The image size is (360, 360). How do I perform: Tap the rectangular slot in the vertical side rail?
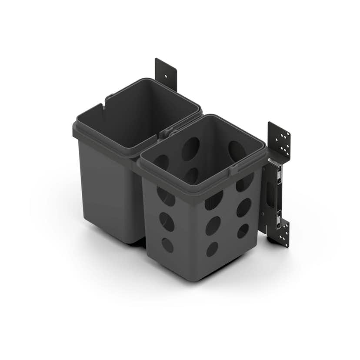click(x=270, y=194)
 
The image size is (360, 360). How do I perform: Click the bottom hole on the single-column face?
click(x=167, y=245)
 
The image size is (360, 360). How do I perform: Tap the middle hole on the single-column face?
click(x=167, y=221)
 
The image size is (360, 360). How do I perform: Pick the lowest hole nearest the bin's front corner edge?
click(x=212, y=249)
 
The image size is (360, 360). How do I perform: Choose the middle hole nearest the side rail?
click(x=243, y=207)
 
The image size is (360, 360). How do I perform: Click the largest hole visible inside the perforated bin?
click(x=190, y=149)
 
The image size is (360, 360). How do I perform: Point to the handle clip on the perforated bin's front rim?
click(x=233, y=169)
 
